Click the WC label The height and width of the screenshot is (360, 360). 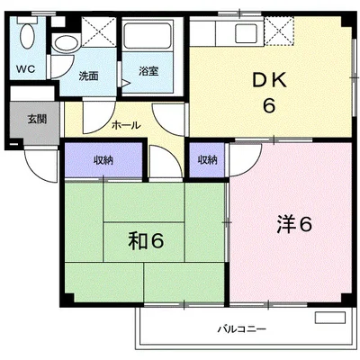[25, 69]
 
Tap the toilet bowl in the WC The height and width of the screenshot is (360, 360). [27, 36]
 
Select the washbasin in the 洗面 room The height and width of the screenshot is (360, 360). [66, 43]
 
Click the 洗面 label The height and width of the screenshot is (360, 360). [88, 76]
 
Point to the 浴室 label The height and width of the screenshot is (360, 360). [148, 71]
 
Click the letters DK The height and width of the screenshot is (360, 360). [270, 80]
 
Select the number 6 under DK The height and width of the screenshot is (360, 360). [269, 105]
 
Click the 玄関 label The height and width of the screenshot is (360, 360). [37, 119]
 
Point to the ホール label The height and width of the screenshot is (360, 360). [126, 125]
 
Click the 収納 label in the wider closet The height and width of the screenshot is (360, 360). [103, 160]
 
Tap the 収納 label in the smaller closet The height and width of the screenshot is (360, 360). [207, 160]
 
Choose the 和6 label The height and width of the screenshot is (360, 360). [146, 241]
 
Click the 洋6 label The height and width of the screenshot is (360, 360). [294, 224]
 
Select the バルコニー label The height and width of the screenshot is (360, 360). [241, 329]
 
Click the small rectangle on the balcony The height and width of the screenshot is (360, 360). [330, 318]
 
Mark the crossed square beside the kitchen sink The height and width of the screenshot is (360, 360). [279, 31]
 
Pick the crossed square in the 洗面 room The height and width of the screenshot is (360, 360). [99, 31]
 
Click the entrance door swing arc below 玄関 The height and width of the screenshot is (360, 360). [36, 170]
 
